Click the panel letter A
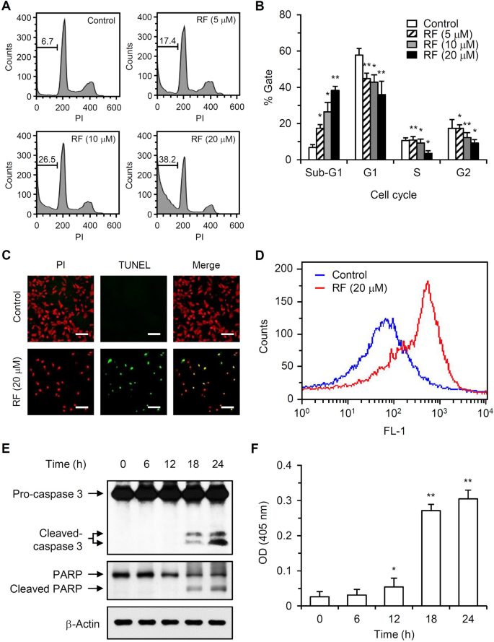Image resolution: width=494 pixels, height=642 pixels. pos(6,6)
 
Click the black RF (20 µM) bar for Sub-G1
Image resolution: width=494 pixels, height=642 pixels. pos(335,124)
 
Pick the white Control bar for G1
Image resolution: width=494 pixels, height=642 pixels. pos(358,107)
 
